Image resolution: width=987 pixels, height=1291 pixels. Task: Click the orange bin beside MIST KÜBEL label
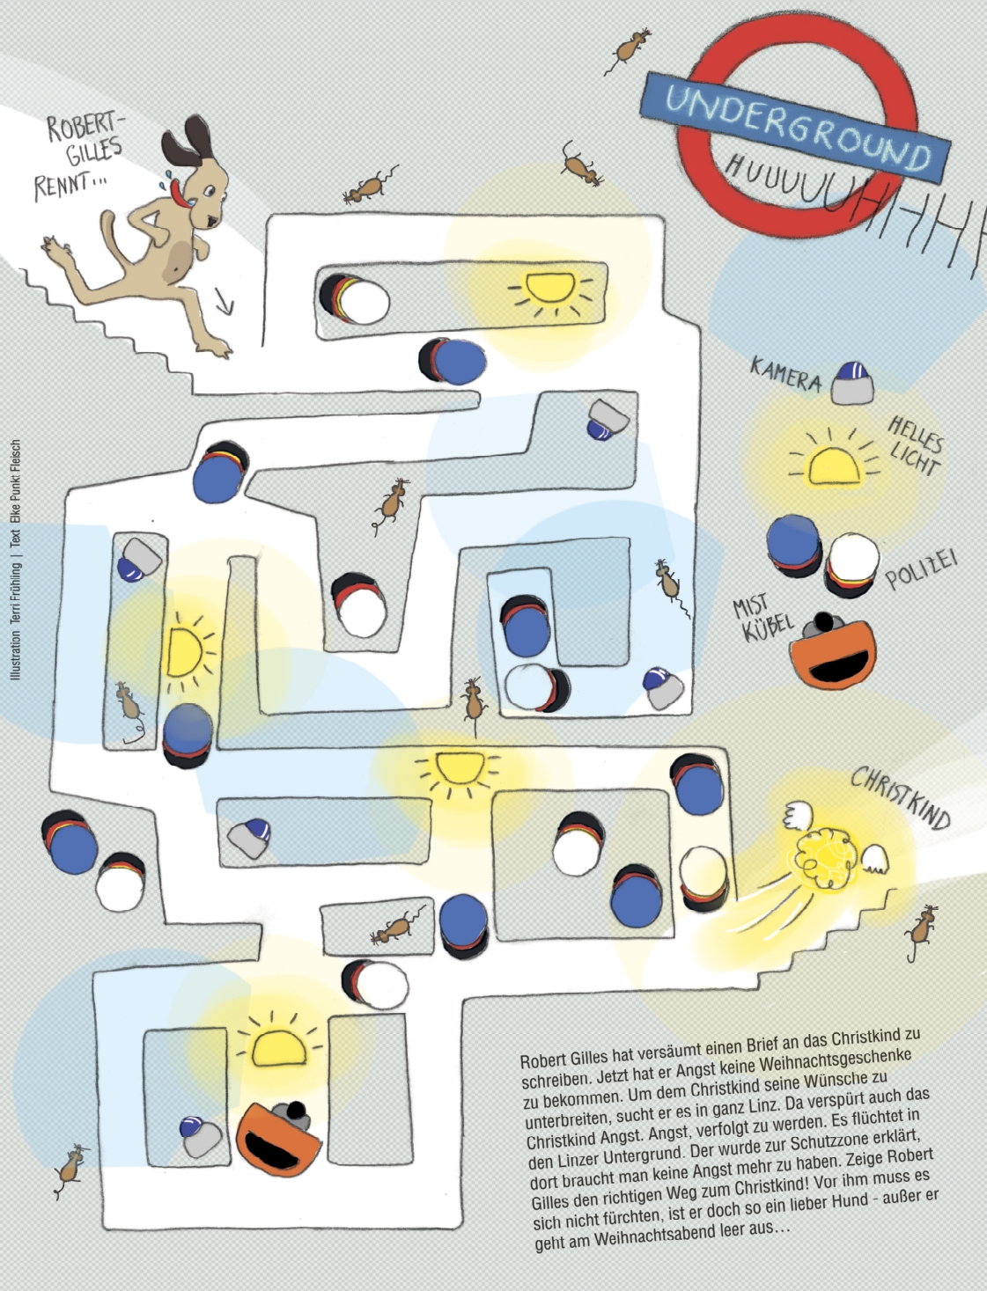pyautogui.click(x=832, y=650)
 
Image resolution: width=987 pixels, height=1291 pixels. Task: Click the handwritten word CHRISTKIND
pyautogui.click(x=901, y=797)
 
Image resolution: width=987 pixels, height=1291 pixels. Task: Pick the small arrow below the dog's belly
pyautogui.click(x=225, y=301)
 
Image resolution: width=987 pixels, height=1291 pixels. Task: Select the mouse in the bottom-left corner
pyautogui.click(x=71, y=1170)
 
